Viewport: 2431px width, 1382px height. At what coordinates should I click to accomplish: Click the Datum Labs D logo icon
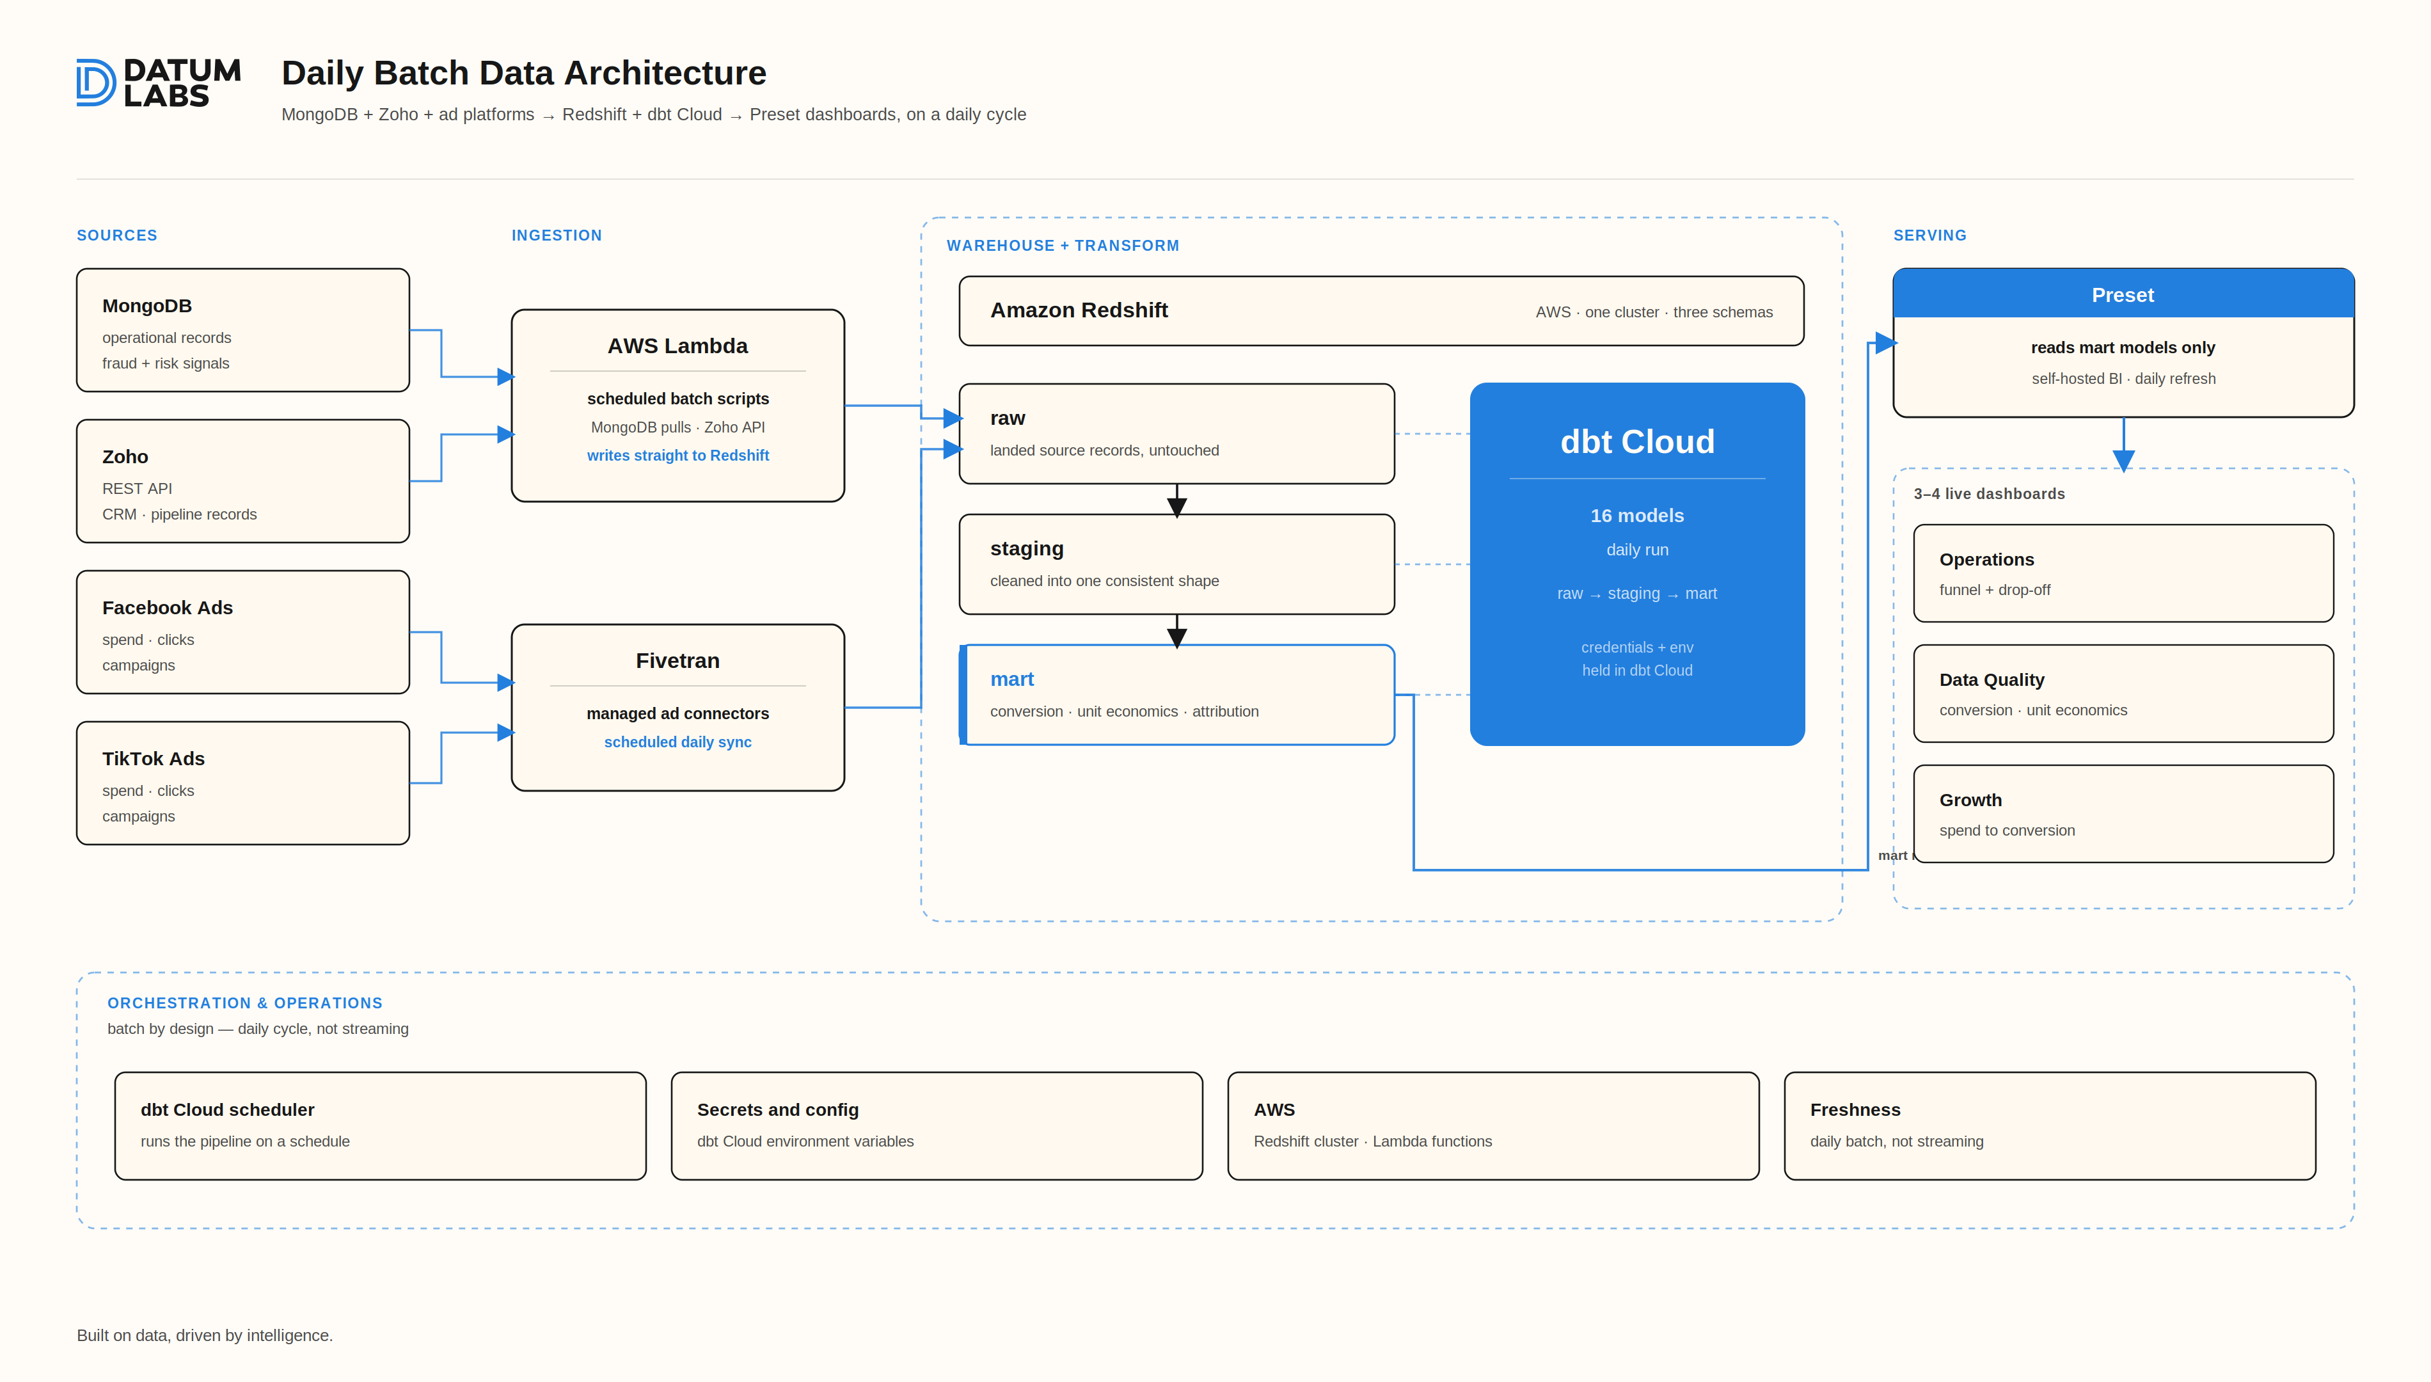pos(95,83)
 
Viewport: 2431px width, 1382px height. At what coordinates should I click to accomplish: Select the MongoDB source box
pos(243,330)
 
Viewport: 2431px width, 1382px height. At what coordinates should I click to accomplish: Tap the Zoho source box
pos(243,481)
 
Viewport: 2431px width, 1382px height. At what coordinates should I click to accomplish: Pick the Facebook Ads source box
pos(243,632)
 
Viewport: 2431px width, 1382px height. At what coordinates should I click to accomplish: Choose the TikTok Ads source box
pos(243,783)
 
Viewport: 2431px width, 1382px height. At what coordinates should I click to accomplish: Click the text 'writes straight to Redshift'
pos(677,456)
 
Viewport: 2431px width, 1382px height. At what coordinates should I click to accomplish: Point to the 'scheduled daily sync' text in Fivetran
pos(677,742)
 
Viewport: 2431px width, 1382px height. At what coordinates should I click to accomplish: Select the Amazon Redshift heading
pos(1079,310)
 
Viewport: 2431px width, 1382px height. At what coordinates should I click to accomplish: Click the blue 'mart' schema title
pos(1011,679)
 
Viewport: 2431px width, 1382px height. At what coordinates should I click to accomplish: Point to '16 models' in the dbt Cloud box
pos(1637,516)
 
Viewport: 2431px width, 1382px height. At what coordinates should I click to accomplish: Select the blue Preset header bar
pos(2123,294)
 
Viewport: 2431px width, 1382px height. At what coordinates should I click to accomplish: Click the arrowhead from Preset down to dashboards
pos(2123,461)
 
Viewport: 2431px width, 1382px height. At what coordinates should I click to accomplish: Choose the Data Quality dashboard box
pos(2123,694)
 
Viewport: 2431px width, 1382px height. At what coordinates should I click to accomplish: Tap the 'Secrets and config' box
pos(937,1125)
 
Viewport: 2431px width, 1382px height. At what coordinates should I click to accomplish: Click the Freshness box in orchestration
pos(2050,1125)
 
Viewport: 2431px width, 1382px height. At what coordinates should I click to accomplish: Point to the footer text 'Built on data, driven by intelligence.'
pos(205,1335)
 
